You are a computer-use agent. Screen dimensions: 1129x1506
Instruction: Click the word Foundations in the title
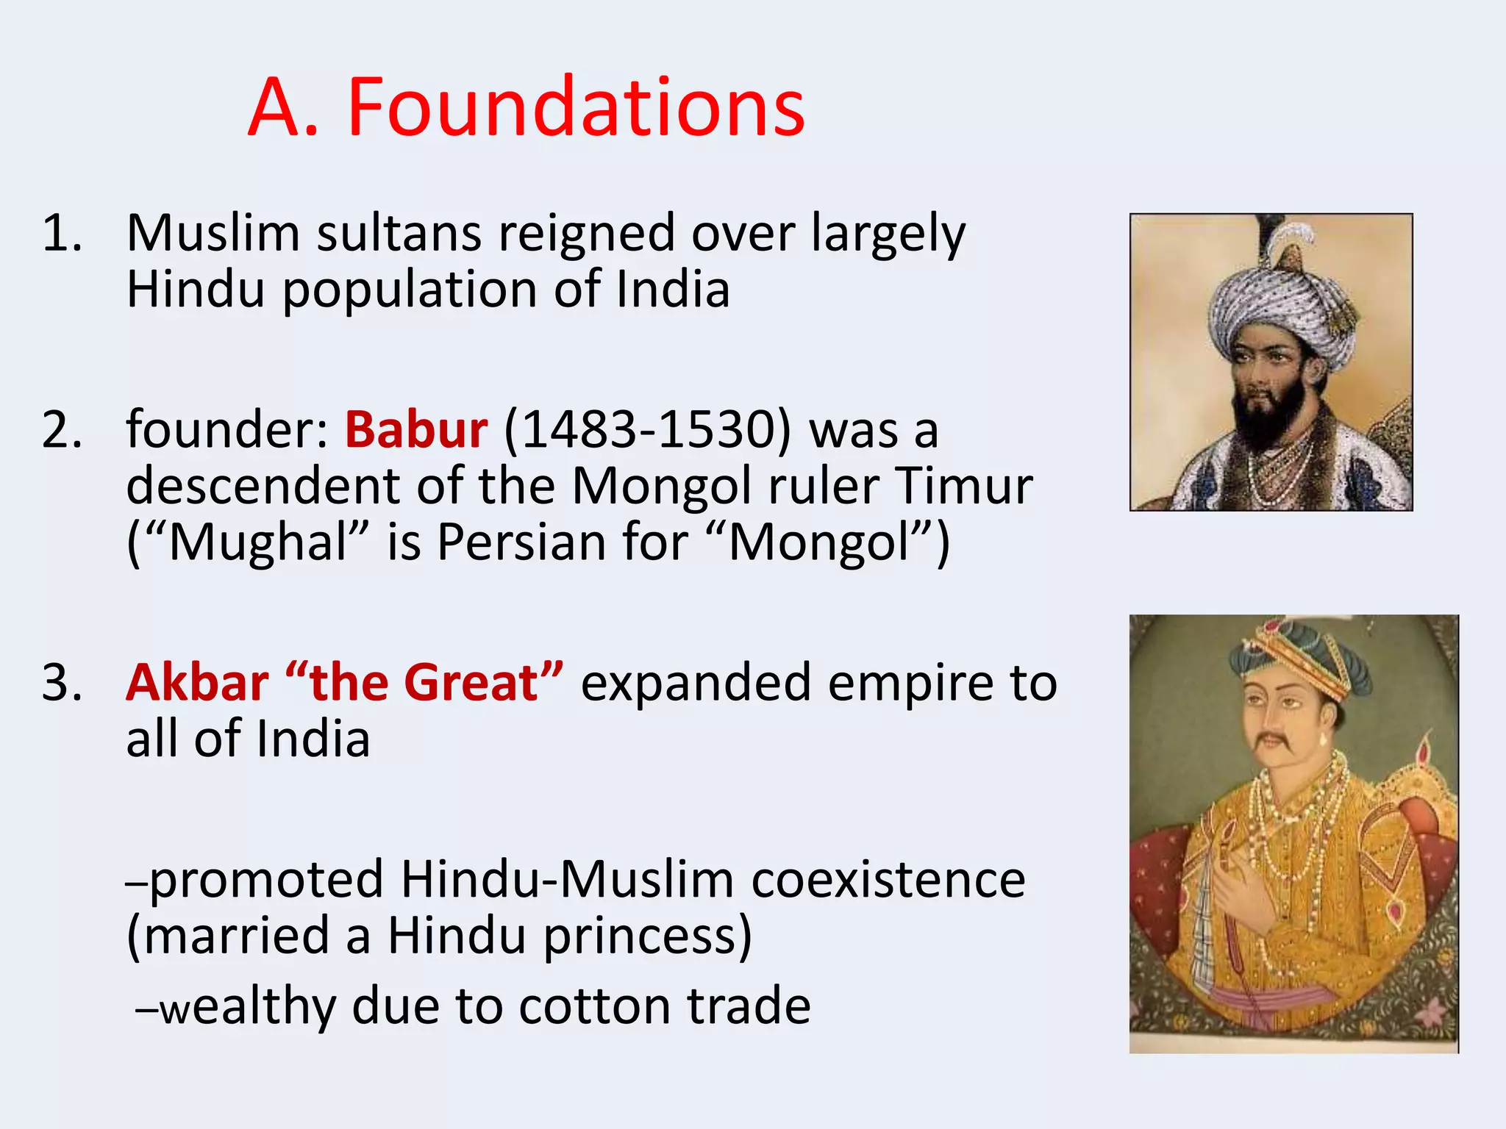576,108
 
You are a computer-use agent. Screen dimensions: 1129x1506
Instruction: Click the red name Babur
415,430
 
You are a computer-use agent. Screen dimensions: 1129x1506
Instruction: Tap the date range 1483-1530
648,430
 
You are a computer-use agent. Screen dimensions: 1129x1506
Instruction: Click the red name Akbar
197,683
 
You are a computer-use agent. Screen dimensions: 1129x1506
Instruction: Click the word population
412,290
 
